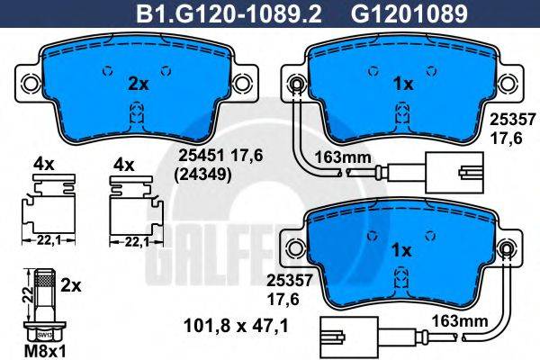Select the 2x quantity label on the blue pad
coord(138,84)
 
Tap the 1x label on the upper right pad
coord(402,84)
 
